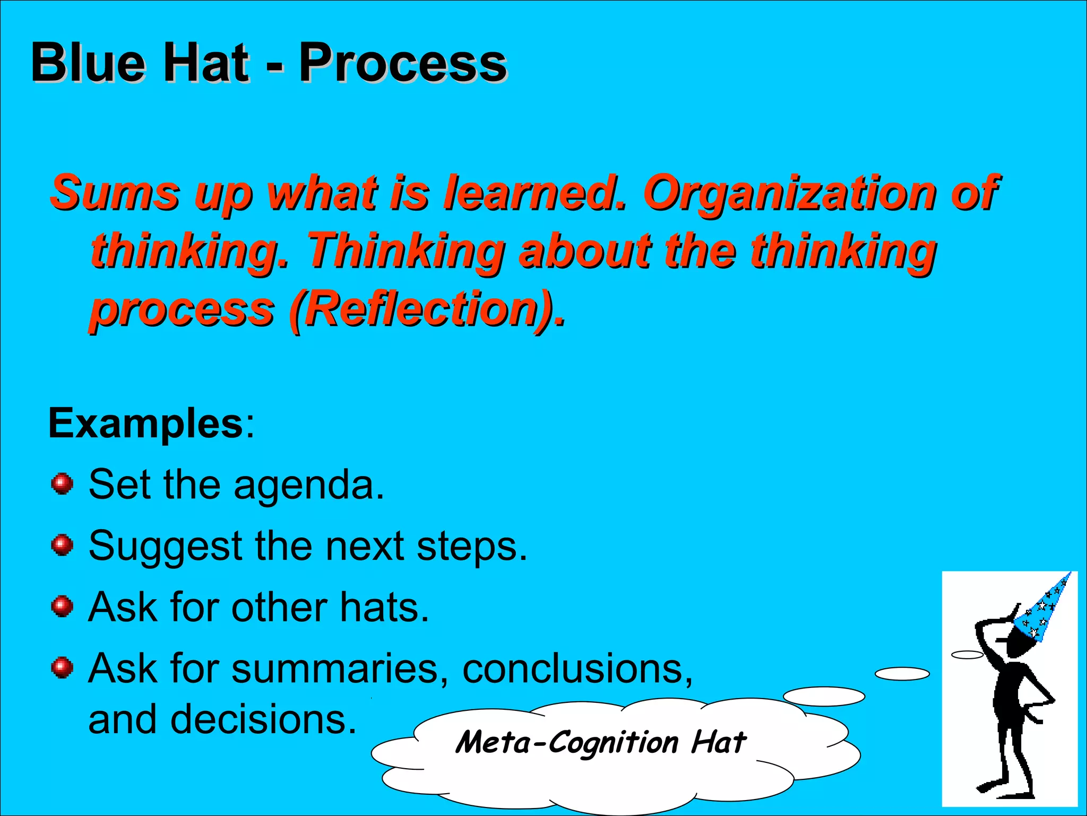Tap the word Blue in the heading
coord(88,64)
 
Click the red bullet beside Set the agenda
coord(62,484)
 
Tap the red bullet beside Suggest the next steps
coord(62,545)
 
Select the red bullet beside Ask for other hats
coord(62,606)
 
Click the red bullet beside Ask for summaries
coord(62,667)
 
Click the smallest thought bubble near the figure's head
coord(967,654)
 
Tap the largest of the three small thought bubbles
coord(824,696)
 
